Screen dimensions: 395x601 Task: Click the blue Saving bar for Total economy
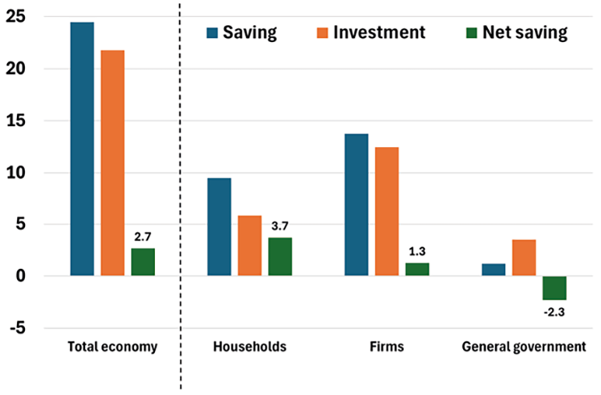pyautogui.click(x=82, y=149)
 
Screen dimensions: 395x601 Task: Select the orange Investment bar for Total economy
pyautogui.click(x=112, y=163)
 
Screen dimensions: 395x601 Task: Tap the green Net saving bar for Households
pyautogui.click(x=280, y=256)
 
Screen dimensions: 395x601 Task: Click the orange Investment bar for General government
pyautogui.click(x=524, y=258)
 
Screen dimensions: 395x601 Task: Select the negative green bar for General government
pyautogui.click(x=554, y=287)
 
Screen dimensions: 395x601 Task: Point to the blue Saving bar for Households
pyautogui.click(x=219, y=227)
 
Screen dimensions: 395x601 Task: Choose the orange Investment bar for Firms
pyautogui.click(x=387, y=211)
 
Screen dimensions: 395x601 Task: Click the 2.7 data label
pyautogui.click(x=143, y=236)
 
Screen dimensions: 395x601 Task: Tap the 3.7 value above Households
pyautogui.click(x=280, y=226)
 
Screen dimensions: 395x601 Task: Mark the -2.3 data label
pyautogui.click(x=554, y=312)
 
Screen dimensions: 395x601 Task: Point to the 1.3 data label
pyautogui.click(x=417, y=251)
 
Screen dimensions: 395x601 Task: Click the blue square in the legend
pyautogui.click(x=212, y=33)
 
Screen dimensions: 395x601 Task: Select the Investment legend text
pyautogui.click(x=380, y=33)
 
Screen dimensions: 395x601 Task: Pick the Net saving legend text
pyautogui.click(x=525, y=33)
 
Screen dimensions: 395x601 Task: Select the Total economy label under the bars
pyautogui.click(x=112, y=347)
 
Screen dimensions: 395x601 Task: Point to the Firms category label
pyautogui.click(x=387, y=347)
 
